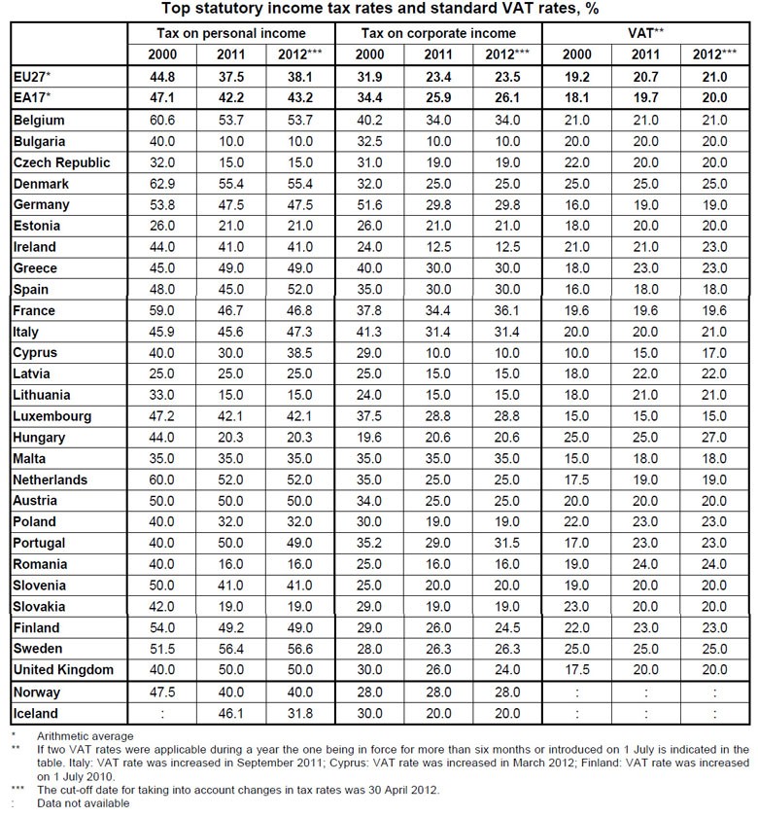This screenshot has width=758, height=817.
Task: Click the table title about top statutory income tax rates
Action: tap(379, 9)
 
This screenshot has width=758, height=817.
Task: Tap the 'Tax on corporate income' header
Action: tap(438, 32)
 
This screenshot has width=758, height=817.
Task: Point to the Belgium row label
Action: tap(39, 120)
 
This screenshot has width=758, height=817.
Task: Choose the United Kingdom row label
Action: tap(63, 669)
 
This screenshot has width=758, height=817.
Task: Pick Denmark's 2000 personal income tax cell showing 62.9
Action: tap(161, 183)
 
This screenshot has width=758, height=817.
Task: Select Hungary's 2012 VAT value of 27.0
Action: tap(713, 437)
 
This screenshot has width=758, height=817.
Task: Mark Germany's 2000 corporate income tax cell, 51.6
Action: tap(369, 204)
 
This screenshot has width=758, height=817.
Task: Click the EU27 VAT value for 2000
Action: tap(577, 77)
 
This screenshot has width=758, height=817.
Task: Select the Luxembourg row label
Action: tap(52, 415)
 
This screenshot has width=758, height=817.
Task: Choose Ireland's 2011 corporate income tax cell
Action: tap(438, 247)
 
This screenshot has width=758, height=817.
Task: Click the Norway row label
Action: tap(37, 692)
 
